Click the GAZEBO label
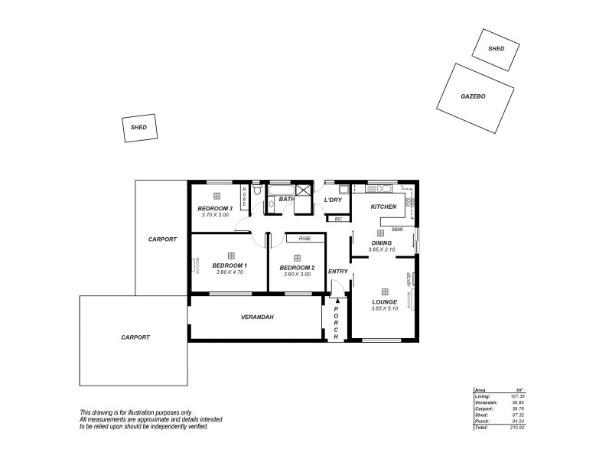[474, 97]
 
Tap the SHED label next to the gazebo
[496, 48]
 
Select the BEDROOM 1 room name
[229, 266]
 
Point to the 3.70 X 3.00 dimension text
[215, 215]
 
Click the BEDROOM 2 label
[297, 268]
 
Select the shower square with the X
[304, 191]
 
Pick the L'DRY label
[332, 200]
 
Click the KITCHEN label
[383, 207]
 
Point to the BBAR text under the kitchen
[397, 229]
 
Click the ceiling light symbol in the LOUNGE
[384, 291]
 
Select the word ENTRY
[337, 272]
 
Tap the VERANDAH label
[257, 317]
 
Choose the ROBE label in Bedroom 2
[305, 238]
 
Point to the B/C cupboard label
[337, 219]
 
